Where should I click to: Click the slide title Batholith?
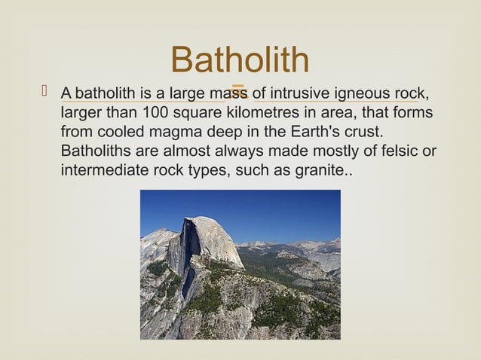(x=240, y=61)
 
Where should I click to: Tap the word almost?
(x=188, y=151)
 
